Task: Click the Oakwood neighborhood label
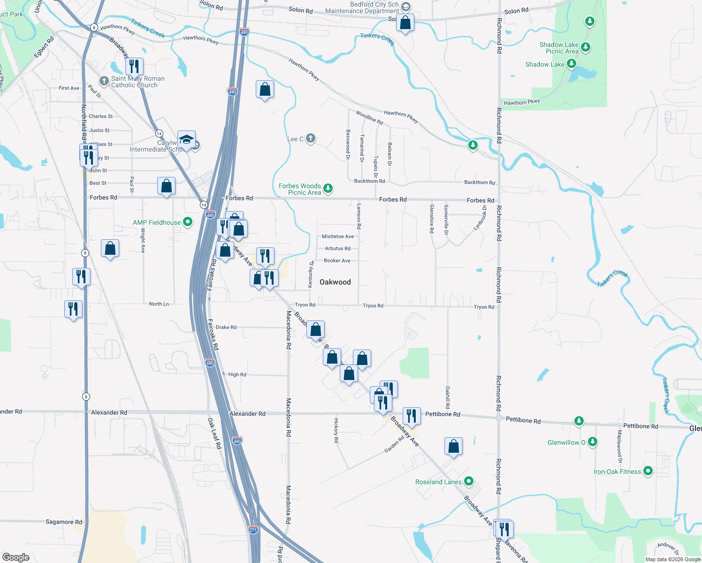coord(335,282)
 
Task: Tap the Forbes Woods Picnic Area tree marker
coord(328,189)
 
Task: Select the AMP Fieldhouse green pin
coord(188,222)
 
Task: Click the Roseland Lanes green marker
coord(468,481)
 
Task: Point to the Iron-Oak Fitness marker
coord(648,471)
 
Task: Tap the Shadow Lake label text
coord(545,64)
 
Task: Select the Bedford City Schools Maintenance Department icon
coord(406,7)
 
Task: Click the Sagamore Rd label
coord(64,522)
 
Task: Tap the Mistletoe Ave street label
coord(338,236)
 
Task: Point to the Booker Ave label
coord(337,260)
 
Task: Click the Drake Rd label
coord(226,327)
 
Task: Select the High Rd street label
coord(237,374)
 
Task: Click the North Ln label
coord(159,304)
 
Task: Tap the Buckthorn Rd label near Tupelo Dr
coord(369,181)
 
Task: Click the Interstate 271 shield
coord(253,530)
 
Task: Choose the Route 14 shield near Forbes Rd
coord(204,205)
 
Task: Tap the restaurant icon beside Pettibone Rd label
coord(411,416)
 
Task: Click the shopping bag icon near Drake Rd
coord(316,329)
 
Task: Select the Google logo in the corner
coord(16,557)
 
